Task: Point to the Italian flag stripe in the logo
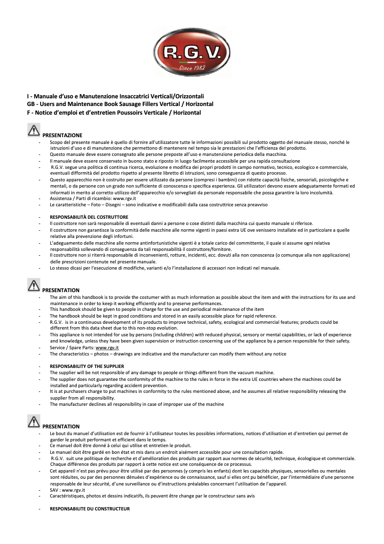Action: point(192,62)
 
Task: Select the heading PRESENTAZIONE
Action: point(62,135)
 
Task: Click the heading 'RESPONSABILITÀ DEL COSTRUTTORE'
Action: point(89,217)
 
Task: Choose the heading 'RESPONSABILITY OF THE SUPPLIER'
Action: point(87,366)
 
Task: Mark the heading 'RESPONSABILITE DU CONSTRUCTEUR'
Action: point(90,509)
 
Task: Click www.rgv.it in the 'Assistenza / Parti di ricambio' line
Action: point(124,199)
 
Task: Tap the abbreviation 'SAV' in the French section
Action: point(55,490)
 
